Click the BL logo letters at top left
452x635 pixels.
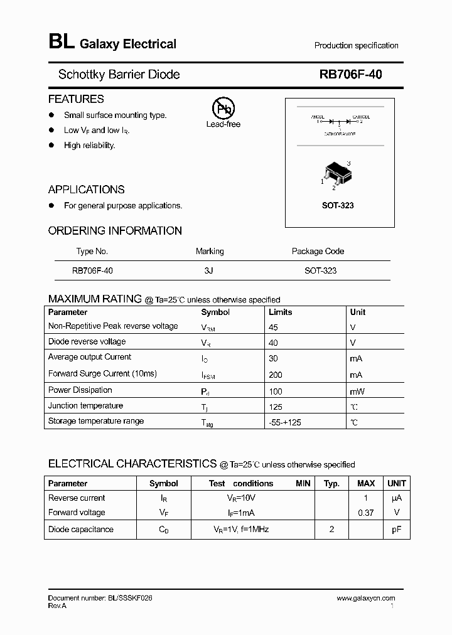tap(61, 43)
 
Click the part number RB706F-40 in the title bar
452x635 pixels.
tap(350, 75)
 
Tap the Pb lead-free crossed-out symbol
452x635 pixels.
tap(223, 109)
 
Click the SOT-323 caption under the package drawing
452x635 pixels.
tap(338, 206)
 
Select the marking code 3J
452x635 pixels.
tap(209, 270)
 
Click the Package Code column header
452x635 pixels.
tap(318, 251)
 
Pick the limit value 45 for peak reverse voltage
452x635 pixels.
tap(273, 327)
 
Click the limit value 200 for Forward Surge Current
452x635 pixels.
tap(275, 375)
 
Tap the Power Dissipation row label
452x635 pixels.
tap(80, 390)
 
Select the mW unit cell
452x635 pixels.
tap(357, 391)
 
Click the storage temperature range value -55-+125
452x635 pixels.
tap(284, 422)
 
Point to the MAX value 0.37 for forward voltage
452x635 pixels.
tap(365, 513)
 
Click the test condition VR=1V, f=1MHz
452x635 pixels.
tap(241, 530)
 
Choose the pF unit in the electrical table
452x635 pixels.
tap(396, 530)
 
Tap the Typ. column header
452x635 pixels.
tap(331, 484)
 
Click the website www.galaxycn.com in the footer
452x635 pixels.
tap(366, 599)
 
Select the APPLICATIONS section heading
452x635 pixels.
tap(87, 189)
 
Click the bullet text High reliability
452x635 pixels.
tap(90, 145)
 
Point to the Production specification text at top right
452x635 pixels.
tap(356, 46)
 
